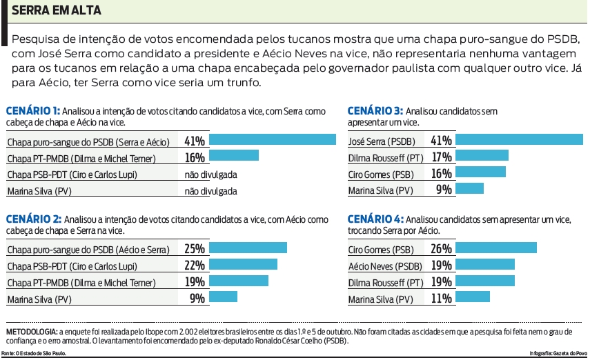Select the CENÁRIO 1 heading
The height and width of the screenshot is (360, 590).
(32, 110)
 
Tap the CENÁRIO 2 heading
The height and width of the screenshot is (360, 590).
(33, 219)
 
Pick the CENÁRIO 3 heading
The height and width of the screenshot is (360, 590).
(375, 110)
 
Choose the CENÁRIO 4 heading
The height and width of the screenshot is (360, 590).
(375, 219)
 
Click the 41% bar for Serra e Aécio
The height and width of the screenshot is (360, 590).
(272, 140)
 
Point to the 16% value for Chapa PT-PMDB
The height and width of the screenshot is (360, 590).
(195, 157)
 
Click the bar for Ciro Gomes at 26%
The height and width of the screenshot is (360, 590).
(496, 248)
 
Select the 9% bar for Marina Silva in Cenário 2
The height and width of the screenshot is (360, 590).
(223, 297)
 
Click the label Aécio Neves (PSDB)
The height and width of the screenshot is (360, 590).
(385, 266)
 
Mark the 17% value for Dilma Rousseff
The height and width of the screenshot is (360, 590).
(441, 157)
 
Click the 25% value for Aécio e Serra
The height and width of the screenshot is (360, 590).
(195, 248)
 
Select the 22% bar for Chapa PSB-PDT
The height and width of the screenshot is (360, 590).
(243, 264)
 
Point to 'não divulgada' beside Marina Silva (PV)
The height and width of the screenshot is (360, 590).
(210, 191)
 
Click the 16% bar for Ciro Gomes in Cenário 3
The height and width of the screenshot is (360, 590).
(481, 172)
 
